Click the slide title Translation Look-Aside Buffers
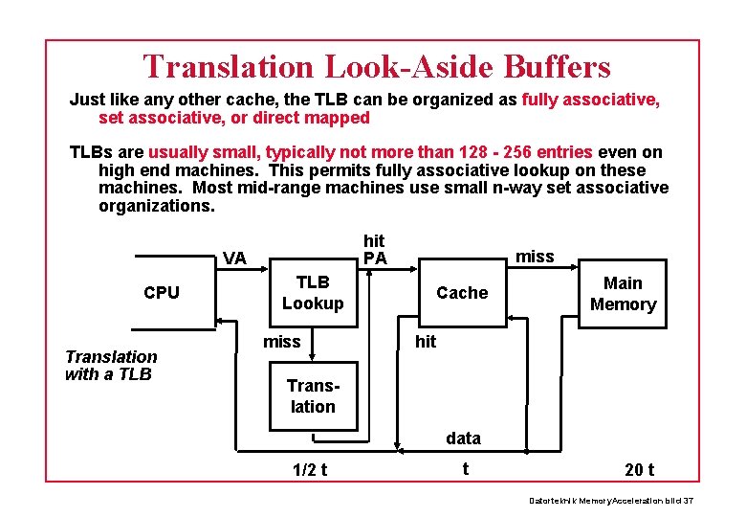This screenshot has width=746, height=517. [377, 66]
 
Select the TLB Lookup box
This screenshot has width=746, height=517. [313, 293]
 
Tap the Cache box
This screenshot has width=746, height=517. [462, 293]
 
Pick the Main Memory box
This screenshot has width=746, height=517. [623, 294]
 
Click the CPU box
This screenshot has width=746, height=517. [162, 293]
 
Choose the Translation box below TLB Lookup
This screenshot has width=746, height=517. [313, 396]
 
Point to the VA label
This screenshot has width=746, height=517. [234, 258]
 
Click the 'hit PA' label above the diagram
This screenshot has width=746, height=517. [375, 250]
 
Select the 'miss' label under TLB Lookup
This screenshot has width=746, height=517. [281, 342]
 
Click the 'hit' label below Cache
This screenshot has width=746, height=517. [426, 342]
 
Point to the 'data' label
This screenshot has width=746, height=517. [463, 438]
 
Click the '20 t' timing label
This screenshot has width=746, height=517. [639, 469]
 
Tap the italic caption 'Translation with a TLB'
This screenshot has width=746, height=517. [111, 365]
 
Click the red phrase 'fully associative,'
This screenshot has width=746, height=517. [591, 100]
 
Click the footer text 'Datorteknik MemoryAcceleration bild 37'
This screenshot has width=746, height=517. [611, 503]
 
